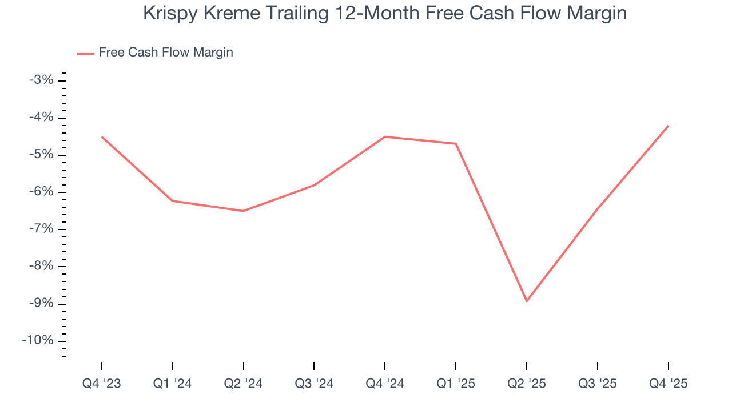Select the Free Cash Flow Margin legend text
tap(166, 53)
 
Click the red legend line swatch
tap(86, 53)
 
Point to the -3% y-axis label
tap(41, 80)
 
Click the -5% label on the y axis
tap(41, 155)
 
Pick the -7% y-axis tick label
tap(41, 229)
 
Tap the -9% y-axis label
tap(41, 303)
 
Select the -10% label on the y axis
tap(38, 340)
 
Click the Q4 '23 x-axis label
tap(102, 384)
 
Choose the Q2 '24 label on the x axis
tap(243, 384)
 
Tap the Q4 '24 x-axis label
tap(385, 384)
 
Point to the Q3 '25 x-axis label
tap(598, 384)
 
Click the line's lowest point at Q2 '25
tap(527, 301)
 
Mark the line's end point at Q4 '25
tap(668, 126)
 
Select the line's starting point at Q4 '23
tap(102, 137)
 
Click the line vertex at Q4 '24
tap(385, 136)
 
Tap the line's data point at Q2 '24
tap(243, 211)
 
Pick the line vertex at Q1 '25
tap(456, 144)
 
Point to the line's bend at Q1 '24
tap(173, 201)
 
